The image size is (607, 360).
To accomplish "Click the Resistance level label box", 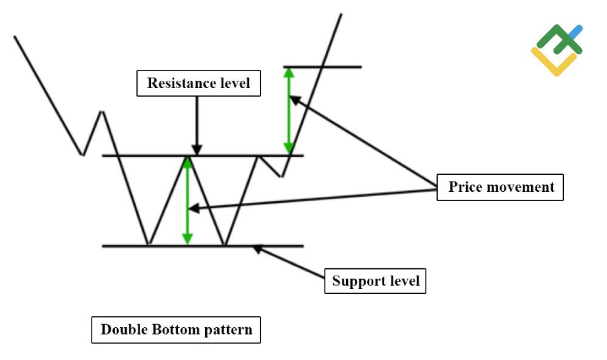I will [x=198, y=83].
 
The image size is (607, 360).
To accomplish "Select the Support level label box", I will [x=375, y=281].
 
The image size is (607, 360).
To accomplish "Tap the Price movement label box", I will [x=501, y=187].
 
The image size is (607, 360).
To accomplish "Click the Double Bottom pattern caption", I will [x=176, y=330].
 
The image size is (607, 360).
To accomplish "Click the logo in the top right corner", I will [x=557, y=50].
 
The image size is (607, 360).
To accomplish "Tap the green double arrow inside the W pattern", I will [x=188, y=200].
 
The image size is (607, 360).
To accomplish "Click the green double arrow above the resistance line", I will [x=289, y=110].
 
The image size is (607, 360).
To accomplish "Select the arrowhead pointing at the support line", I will [x=257, y=248].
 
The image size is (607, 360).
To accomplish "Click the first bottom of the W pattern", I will [x=148, y=245].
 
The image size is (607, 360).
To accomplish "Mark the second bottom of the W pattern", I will [x=225, y=245].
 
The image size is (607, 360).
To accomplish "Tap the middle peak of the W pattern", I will [x=188, y=157].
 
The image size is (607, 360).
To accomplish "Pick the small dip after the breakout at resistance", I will [x=281, y=176].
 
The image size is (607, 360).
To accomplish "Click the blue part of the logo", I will [x=575, y=32].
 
